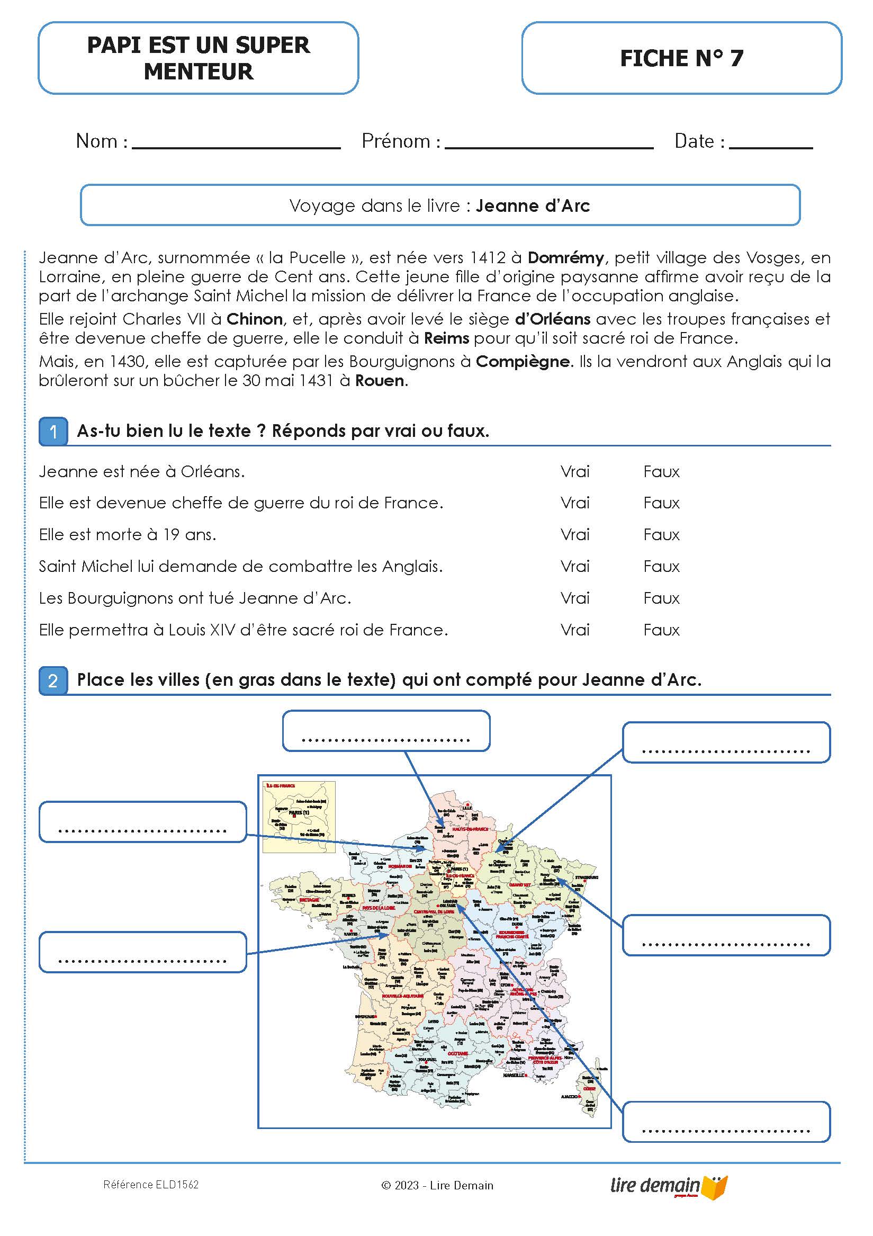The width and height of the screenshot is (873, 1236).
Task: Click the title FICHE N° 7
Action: (681, 58)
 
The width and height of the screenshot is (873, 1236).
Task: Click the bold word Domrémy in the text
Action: (565, 258)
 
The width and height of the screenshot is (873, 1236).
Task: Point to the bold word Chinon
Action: (254, 319)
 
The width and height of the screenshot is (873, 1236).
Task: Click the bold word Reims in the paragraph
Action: (446, 338)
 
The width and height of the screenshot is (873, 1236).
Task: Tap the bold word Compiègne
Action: (522, 362)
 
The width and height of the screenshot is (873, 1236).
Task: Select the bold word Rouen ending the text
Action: (380, 381)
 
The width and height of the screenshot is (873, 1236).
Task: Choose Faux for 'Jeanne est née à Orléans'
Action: (661, 472)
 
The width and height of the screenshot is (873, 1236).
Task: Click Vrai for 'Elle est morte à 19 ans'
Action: (575, 535)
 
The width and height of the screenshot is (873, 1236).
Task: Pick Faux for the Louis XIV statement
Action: (661, 630)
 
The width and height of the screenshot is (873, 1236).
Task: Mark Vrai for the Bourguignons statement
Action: (575, 598)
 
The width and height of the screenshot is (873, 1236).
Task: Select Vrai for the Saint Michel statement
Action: (575, 567)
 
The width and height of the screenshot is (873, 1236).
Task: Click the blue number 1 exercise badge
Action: (53, 432)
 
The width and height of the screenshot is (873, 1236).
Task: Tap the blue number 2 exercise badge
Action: (53, 681)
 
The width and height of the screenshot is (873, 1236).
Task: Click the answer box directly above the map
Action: (386, 731)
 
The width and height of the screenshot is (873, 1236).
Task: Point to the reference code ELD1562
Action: (151, 1185)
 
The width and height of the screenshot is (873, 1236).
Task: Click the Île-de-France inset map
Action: (299, 817)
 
